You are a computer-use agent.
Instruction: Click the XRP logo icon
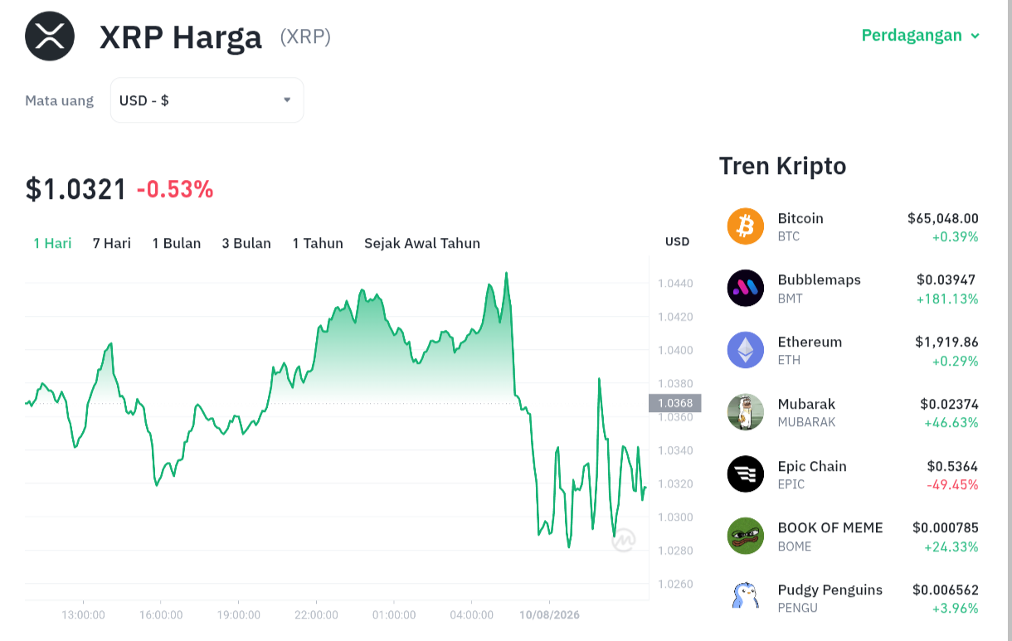click(50, 36)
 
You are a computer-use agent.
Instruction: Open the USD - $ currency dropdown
click(207, 100)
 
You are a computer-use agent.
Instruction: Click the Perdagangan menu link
click(920, 35)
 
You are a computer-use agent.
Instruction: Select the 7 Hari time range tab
click(112, 243)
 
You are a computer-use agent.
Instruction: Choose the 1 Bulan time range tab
click(176, 243)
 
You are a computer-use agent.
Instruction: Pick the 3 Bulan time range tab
click(246, 243)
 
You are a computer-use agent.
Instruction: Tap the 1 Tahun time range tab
click(318, 243)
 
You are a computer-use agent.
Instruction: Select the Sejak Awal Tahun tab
click(422, 243)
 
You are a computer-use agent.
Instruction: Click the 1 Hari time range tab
click(52, 243)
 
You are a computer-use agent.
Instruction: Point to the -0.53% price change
click(175, 189)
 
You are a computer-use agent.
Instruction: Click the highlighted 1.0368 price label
click(675, 403)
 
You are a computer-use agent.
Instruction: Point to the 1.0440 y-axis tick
click(675, 284)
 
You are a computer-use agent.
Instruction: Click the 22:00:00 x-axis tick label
click(316, 614)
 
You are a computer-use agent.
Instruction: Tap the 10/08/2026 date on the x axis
click(549, 614)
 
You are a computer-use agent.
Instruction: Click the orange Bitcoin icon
click(746, 226)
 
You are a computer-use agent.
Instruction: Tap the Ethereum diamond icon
click(746, 350)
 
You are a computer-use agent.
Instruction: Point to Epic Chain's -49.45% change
click(952, 485)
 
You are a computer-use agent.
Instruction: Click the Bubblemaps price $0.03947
click(946, 279)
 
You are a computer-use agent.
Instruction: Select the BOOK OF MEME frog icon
click(746, 536)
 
